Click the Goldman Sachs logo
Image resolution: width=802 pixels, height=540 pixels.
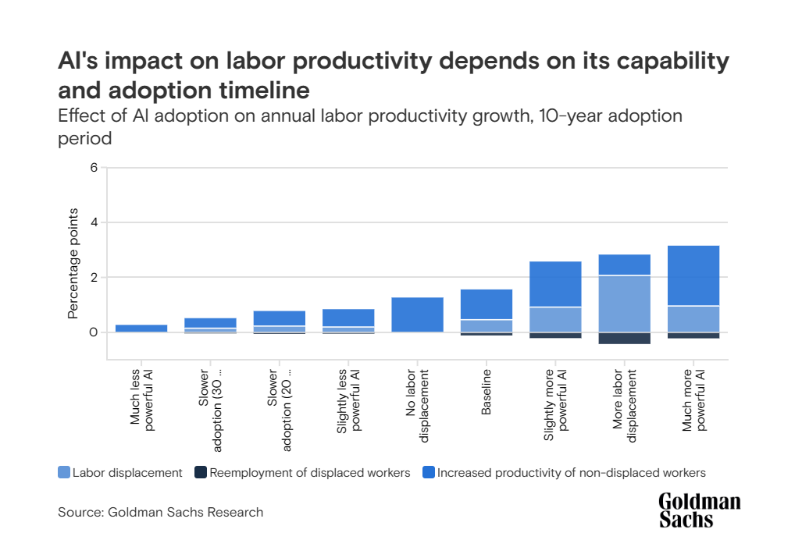click(699, 510)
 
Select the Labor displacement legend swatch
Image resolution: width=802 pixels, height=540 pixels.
click(64, 472)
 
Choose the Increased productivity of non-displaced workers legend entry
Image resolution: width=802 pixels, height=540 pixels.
click(563, 472)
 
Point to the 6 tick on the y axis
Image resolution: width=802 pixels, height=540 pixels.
click(93, 168)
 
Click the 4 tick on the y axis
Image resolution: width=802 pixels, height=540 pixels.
click(93, 222)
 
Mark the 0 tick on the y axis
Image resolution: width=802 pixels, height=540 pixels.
click(93, 332)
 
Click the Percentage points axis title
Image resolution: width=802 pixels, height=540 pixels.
click(73, 263)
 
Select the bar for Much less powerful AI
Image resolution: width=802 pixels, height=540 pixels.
click(141, 329)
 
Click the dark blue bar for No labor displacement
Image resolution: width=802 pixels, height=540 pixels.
click(418, 314)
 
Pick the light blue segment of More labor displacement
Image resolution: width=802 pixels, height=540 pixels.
click(624, 304)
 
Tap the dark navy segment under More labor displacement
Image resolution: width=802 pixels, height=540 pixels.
click(624, 338)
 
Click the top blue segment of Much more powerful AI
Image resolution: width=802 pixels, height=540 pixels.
click(693, 275)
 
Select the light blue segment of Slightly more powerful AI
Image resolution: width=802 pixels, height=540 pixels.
click(555, 319)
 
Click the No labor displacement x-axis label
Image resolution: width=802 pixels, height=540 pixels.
click(418, 406)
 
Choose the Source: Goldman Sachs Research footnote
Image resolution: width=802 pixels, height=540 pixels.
click(160, 513)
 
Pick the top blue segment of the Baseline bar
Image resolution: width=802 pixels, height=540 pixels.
click(487, 304)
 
